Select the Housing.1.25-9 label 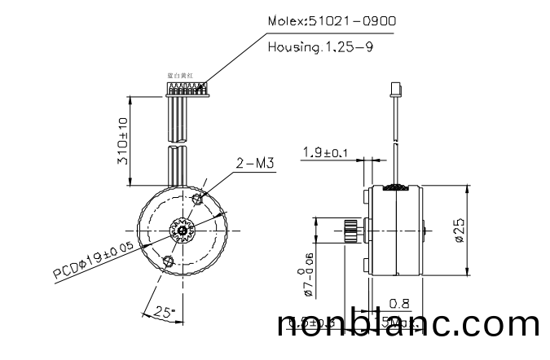320,47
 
